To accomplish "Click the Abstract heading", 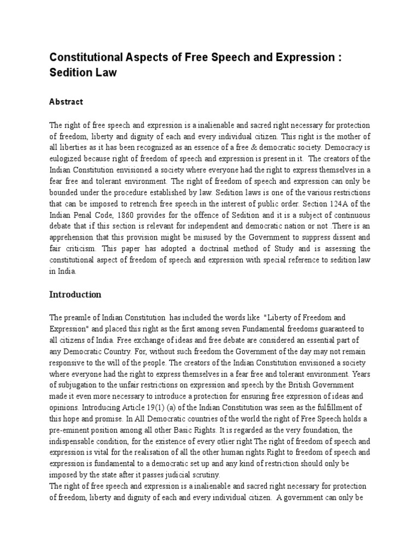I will (x=66, y=102).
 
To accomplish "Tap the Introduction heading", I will (x=75, y=294).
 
